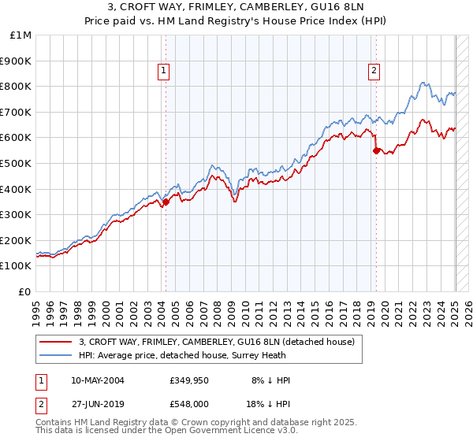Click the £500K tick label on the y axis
coord(17,163)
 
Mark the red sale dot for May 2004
coord(166,202)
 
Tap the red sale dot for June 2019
coord(376,150)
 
